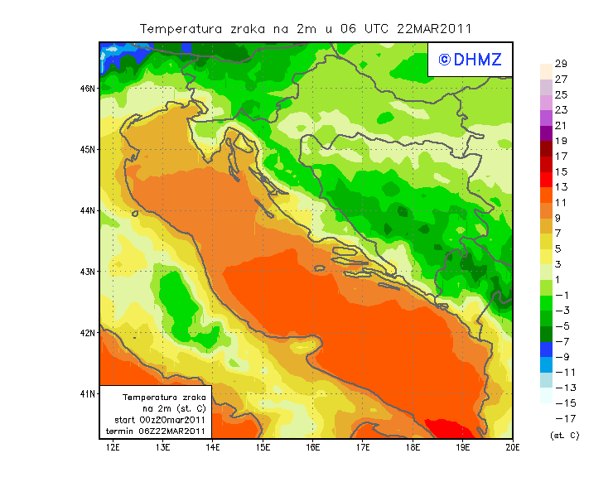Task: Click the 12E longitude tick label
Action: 113,447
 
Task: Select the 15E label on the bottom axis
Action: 263,447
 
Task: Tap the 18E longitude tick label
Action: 413,447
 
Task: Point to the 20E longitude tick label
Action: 513,447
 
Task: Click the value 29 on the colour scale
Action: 561,64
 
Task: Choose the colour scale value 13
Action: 561,187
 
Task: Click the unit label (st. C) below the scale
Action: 565,435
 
